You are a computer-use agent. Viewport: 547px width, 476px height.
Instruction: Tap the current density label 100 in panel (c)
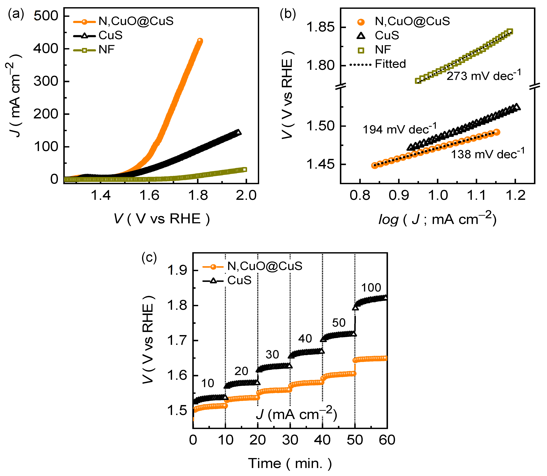pyautogui.click(x=371, y=288)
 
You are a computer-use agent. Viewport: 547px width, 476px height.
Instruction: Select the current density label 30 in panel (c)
pyautogui.click(x=272, y=355)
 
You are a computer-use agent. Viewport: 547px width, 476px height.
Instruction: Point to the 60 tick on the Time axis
pyautogui.click(x=387, y=440)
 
